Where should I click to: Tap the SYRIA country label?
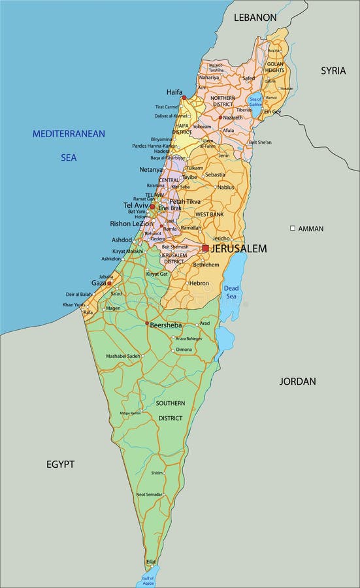333,71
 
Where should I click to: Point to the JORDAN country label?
297,381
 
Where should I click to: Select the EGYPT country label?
60,465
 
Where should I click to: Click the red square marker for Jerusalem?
205,248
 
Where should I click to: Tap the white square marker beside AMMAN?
293,228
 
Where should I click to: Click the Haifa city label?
174,92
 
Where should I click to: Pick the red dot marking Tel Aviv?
152,206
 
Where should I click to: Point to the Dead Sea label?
231,292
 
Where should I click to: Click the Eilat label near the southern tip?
151,561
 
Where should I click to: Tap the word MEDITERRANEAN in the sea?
69,134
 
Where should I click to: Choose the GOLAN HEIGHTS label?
275,67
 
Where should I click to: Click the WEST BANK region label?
210,214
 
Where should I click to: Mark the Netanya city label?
151,170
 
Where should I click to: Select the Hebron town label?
199,284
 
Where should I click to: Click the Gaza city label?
98,283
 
